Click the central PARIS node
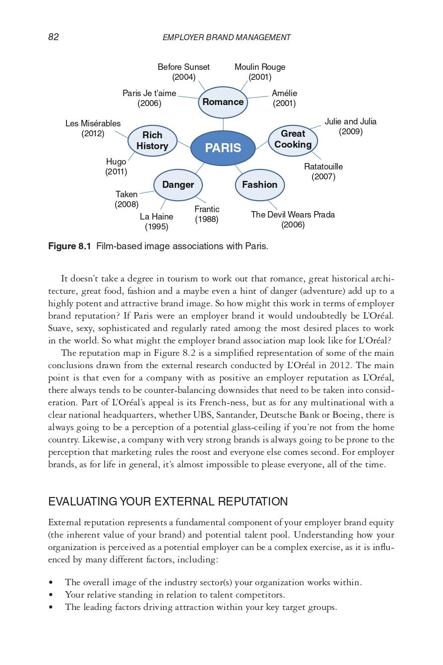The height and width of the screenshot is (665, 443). tap(223, 148)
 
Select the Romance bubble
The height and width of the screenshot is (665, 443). tap(223, 102)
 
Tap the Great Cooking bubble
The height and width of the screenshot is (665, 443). tap(293, 139)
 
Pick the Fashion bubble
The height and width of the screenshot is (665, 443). tap(259, 185)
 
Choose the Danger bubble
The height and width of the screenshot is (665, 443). tap(178, 185)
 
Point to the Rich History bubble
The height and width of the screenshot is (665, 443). tap(152, 141)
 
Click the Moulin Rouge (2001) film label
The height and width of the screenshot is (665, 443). tap(259, 72)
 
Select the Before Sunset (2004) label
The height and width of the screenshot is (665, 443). tap(184, 72)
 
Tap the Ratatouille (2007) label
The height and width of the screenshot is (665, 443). tap(323, 171)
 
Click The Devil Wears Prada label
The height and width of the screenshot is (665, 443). tap(293, 220)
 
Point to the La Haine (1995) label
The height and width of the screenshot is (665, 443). tap(156, 222)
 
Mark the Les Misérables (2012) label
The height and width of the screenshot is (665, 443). tap(93, 128)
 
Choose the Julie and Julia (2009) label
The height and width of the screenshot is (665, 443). tap(350, 126)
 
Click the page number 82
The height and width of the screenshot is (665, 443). tap(54, 37)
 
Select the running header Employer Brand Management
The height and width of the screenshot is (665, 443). tap(226, 38)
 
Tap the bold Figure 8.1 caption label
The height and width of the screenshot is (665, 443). tap(69, 246)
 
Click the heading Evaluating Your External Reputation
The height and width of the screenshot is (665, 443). tap(168, 501)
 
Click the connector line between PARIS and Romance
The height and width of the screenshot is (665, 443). tap(223, 124)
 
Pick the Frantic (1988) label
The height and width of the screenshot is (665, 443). tap(207, 214)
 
